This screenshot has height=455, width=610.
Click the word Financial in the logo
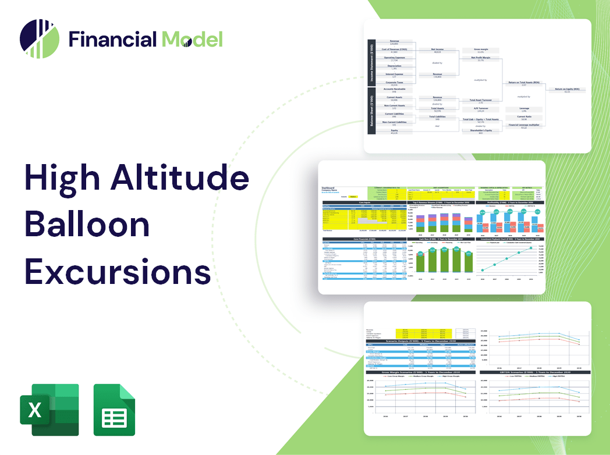[x=112, y=39]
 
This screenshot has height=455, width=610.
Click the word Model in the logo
[x=191, y=39]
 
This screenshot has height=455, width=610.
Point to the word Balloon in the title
[x=87, y=225]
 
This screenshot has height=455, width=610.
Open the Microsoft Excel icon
[x=49, y=410]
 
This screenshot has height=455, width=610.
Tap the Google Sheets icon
[x=114, y=410]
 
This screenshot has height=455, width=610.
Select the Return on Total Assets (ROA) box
[x=523, y=83]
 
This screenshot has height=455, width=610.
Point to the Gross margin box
[x=481, y=51]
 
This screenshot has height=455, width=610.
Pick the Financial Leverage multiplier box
[x=523, y=126]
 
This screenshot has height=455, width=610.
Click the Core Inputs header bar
[x=364, y=202]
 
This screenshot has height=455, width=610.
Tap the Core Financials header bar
[x=364, y=239]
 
